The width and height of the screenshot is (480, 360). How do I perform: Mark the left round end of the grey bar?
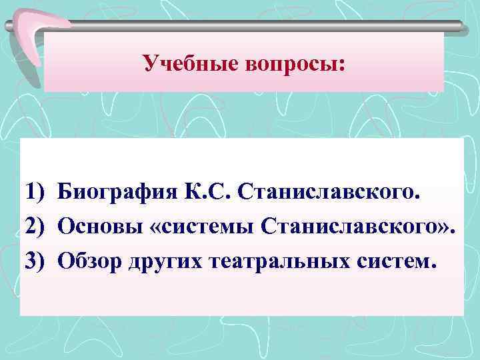pyautogui.click(x=9, y=27)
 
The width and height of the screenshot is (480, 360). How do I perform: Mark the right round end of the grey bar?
pyautogui.click(x=460, y=26)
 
